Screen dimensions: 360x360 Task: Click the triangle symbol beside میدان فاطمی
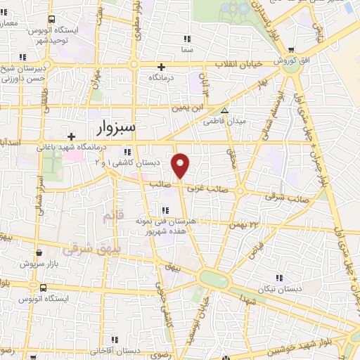pyautogui.click(x=224, y=110)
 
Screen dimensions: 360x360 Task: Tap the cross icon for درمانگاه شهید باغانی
pyautogui.click(x=70, y=136)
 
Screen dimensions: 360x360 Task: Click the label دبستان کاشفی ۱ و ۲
pyautogui.click(x=127, y=162)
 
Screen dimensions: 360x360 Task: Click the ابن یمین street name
pyautogui.click(x=191, y=108)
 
